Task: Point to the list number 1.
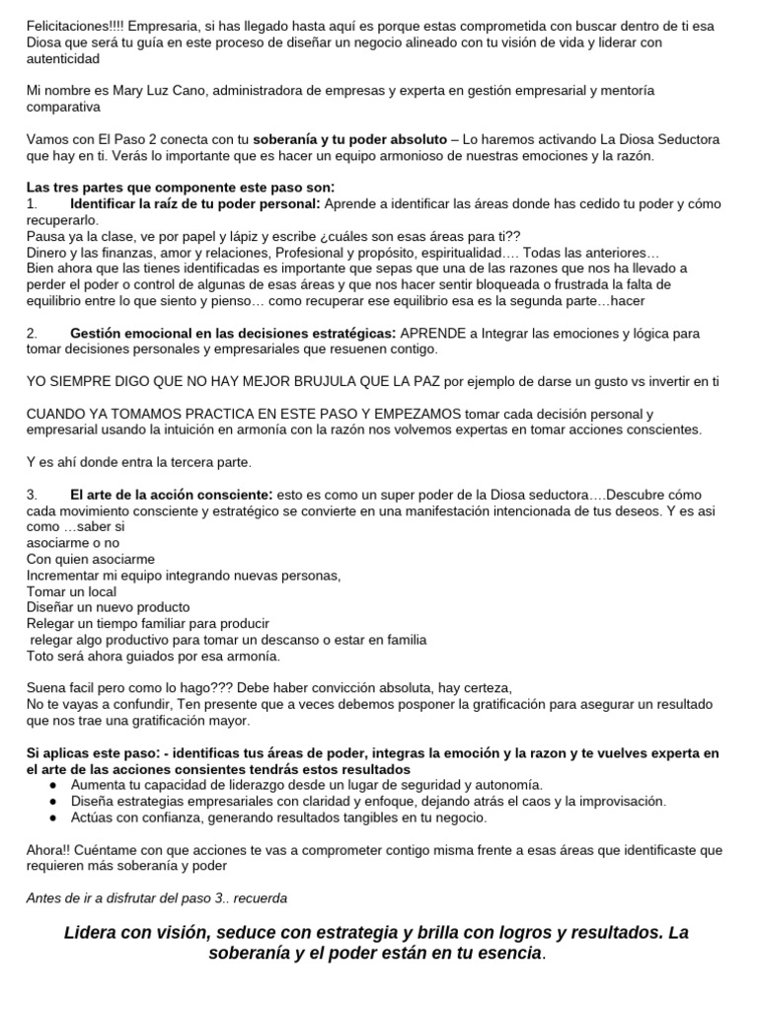pyautogui.click(x=32, y=203)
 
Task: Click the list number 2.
pyautogui.click(x=32, y=334)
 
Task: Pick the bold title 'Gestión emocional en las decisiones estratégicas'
pyautogui.click(x=232, y=334)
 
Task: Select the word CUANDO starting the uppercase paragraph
pyautogui.click(x=56, y=414)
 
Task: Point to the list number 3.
pyautogui.click(x=32, y=494)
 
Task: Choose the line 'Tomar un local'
pyautogui.click(x=72, y=590)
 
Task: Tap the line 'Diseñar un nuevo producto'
pyautogui.click(x=109, y=607)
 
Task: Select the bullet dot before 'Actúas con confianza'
pyautogui.click(x=52, y=817)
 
